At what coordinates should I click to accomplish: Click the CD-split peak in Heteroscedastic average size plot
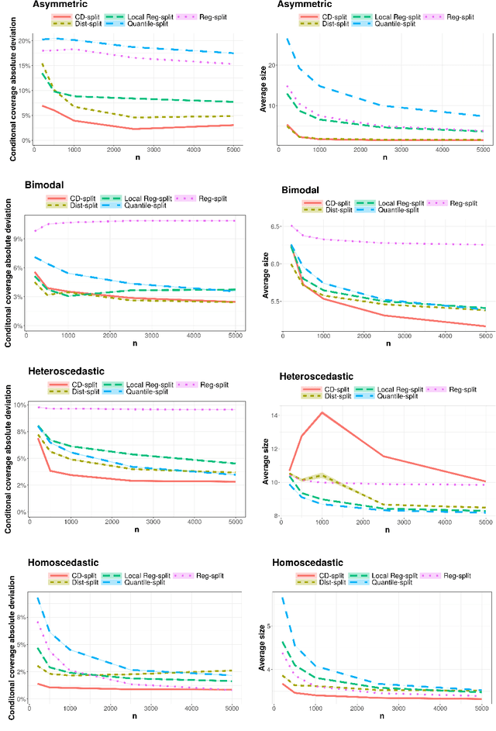321,412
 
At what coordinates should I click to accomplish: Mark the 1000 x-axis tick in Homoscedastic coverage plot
71,709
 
